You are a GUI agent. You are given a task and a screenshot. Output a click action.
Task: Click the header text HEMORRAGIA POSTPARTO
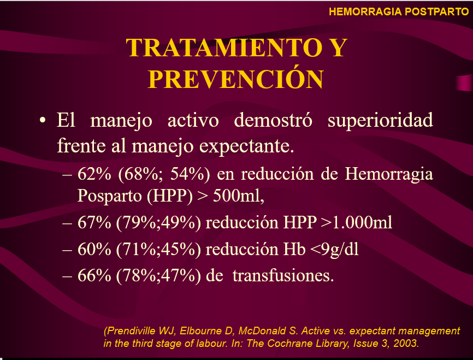(x=399, y=11)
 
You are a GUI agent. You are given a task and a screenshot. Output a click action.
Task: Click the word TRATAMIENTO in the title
(x=224, y=48)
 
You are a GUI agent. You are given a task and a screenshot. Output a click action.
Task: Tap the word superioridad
(x=380, y=121)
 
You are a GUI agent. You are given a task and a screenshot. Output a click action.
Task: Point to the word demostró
(x=273, y=120)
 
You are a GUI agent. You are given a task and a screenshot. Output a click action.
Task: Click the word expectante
(x=246, y=146)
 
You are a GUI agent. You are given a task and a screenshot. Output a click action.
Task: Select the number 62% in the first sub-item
(x=94, y=174)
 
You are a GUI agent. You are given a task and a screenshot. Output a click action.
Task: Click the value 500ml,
(x=239, y=196)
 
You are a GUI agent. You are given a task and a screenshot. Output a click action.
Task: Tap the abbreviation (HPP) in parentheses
(x=169, y=196)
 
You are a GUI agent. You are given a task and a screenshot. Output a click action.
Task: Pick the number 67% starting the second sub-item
(x=94, y=222)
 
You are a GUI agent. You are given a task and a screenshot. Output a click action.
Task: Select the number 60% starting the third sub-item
(x=94, y=249)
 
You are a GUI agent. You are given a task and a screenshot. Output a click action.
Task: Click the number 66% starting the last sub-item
(x=94, y=275)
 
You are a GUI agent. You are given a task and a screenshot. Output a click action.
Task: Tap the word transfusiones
(x=283, y=275)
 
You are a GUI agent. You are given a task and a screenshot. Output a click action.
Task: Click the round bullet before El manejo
(x=43, y=120)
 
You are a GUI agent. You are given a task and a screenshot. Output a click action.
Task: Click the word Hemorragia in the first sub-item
(x=389, y=175)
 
